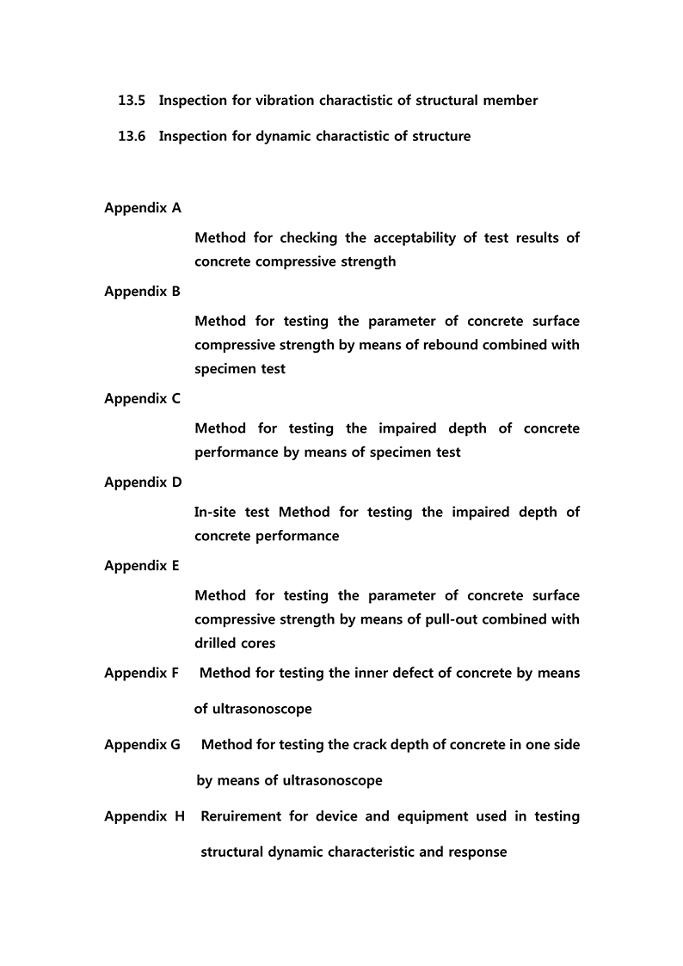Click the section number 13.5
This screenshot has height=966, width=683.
pyautogui.click(x=132, y=101)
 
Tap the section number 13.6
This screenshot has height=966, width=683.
pyautogui.click(x=132, y=136)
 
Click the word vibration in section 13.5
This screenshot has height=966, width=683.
pyautogui.click(x=285, y=101)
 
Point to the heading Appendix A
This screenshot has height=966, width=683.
pyautogui.click(x=143, y=208)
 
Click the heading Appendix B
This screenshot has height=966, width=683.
pyautogui.click(x=143, y=292)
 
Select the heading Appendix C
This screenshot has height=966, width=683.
pyautogui.click(x=143, y=399)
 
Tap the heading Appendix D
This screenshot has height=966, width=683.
pyautogui.click(x=143, y=483)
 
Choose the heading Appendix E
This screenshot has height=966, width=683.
pyautogui.click(x=143, y=566)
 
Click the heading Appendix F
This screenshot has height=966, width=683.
pyautogui.click(x=142, y=674)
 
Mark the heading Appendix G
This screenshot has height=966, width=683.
pyautogui.click(x=143, y=745)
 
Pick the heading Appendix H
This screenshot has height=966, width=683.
pyautogui.click(x=145, y=816)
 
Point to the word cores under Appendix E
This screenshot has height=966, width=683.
pyautogui.click(x=258, y=643)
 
